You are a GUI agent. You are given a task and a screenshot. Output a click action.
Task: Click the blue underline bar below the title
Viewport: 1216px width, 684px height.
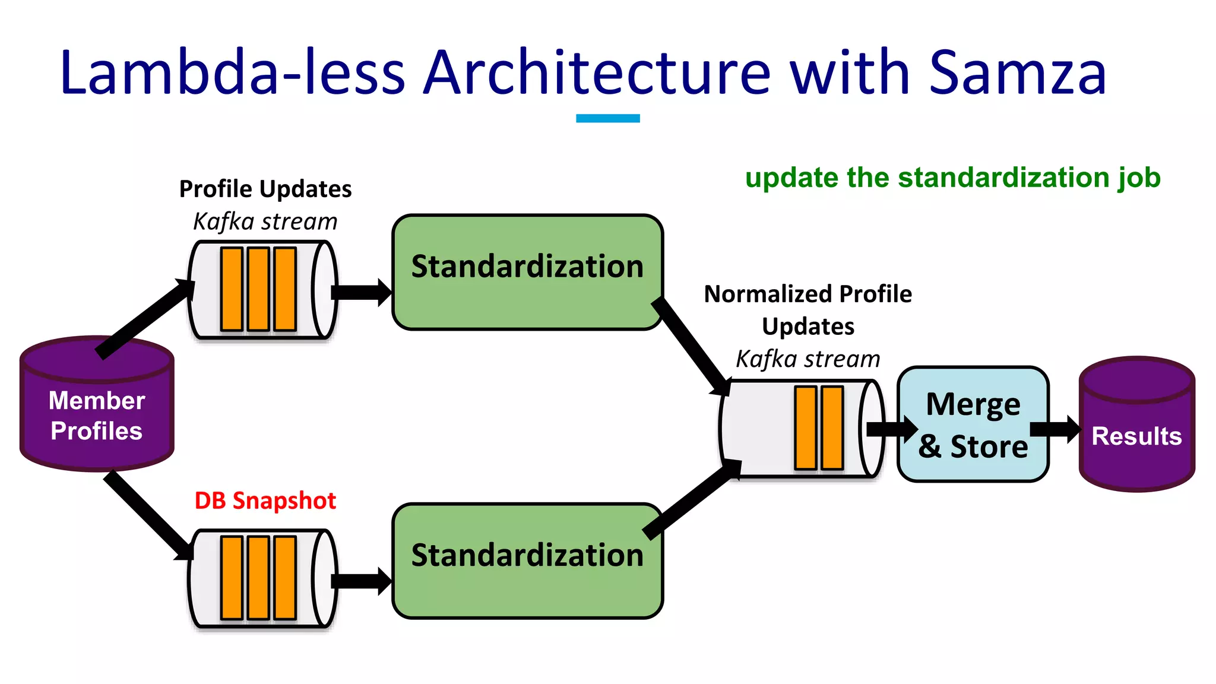tap(607, 118)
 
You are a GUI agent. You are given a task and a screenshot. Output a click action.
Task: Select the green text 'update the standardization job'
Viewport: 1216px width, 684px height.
tap(952, 178)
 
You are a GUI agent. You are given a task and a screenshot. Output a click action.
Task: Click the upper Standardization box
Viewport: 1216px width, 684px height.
tap(527, 272)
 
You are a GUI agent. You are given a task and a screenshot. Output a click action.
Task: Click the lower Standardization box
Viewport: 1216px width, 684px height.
tap(527, 560)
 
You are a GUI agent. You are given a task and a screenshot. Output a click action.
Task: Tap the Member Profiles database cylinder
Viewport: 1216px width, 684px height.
tap(97, 410)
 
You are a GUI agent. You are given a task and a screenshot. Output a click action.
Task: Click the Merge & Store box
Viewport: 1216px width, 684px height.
tap(973, 424)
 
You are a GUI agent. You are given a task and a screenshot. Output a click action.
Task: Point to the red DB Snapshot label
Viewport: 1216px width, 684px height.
tap(265, 501)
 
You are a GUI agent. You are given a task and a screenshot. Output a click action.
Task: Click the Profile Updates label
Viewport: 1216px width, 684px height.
tap(265, 189)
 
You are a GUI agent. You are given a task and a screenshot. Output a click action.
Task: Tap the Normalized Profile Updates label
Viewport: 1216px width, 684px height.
tap(807, 309)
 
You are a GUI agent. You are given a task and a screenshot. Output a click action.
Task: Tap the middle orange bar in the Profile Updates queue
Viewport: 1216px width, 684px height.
tap(258, 289)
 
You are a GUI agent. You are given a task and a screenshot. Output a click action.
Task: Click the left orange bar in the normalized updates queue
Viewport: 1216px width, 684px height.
tap(805, 427)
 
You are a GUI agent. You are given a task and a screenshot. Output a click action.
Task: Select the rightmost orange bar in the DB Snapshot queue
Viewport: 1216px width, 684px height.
tap(285, 578)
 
